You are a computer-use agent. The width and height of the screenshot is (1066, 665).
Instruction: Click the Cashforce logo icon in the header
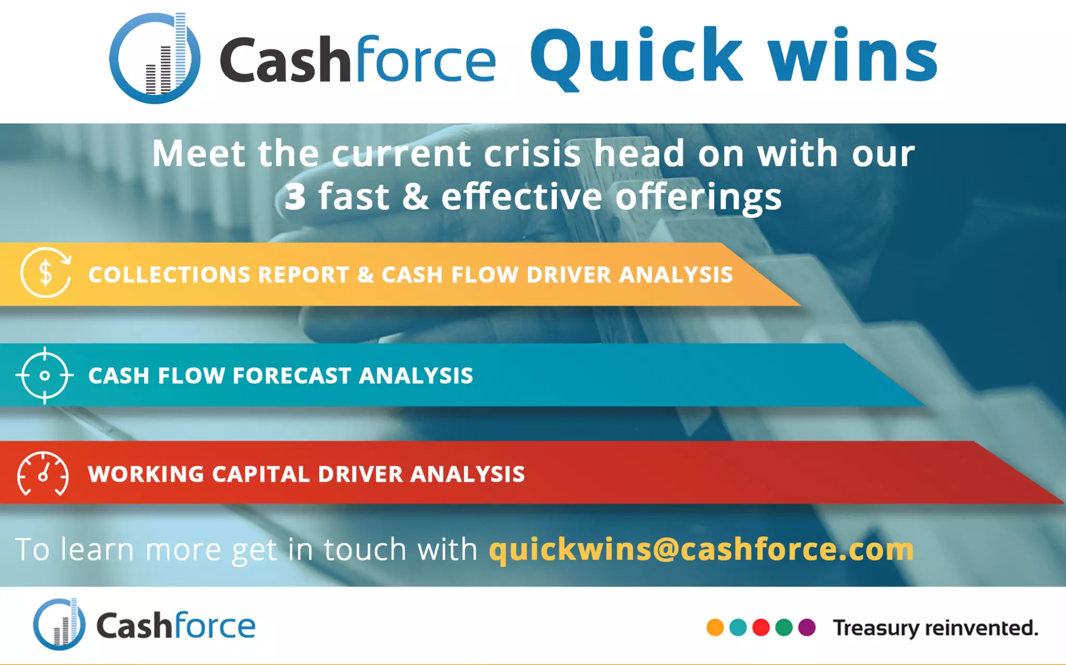(154, 58)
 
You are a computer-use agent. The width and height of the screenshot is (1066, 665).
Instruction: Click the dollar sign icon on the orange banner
(46, 273)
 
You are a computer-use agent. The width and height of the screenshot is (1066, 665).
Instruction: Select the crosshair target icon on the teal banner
(45, 375)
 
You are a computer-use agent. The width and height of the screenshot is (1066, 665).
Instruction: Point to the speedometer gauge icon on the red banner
(43, 474)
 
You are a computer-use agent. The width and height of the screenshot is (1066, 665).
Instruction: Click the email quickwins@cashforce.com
(701, 549)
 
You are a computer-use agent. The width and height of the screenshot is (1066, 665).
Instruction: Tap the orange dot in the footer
(715, 627)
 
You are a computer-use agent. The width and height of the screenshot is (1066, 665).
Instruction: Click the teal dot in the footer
(738, 627)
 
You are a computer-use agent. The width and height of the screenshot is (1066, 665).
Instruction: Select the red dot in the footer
(761, 627)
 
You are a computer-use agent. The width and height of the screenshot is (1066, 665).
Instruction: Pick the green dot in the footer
(784, 627)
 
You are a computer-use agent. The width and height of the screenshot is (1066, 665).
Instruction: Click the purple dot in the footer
(807, 627)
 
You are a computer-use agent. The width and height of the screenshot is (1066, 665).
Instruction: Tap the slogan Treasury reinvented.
(935, 628)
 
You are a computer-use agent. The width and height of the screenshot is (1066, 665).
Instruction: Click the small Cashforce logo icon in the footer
(59, 624)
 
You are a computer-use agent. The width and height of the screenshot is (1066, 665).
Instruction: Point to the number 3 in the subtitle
(295, 197)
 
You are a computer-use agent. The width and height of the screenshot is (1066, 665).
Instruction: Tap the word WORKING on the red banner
(146, 474)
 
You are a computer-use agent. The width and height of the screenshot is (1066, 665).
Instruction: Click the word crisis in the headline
(532, 154)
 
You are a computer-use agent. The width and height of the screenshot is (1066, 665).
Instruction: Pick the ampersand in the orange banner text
(365, 275)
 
